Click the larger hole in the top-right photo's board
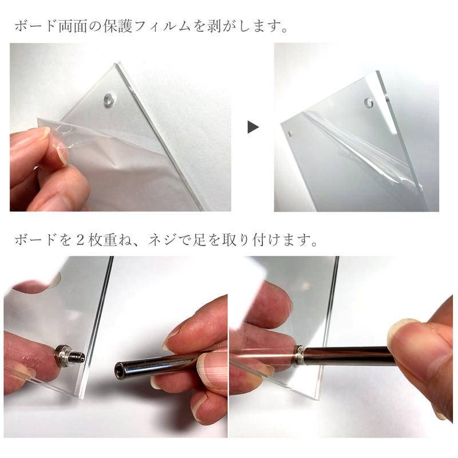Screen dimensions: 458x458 point(368,104)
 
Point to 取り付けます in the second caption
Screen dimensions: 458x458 point(287,239)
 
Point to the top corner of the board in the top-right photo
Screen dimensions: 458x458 point(378,73)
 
